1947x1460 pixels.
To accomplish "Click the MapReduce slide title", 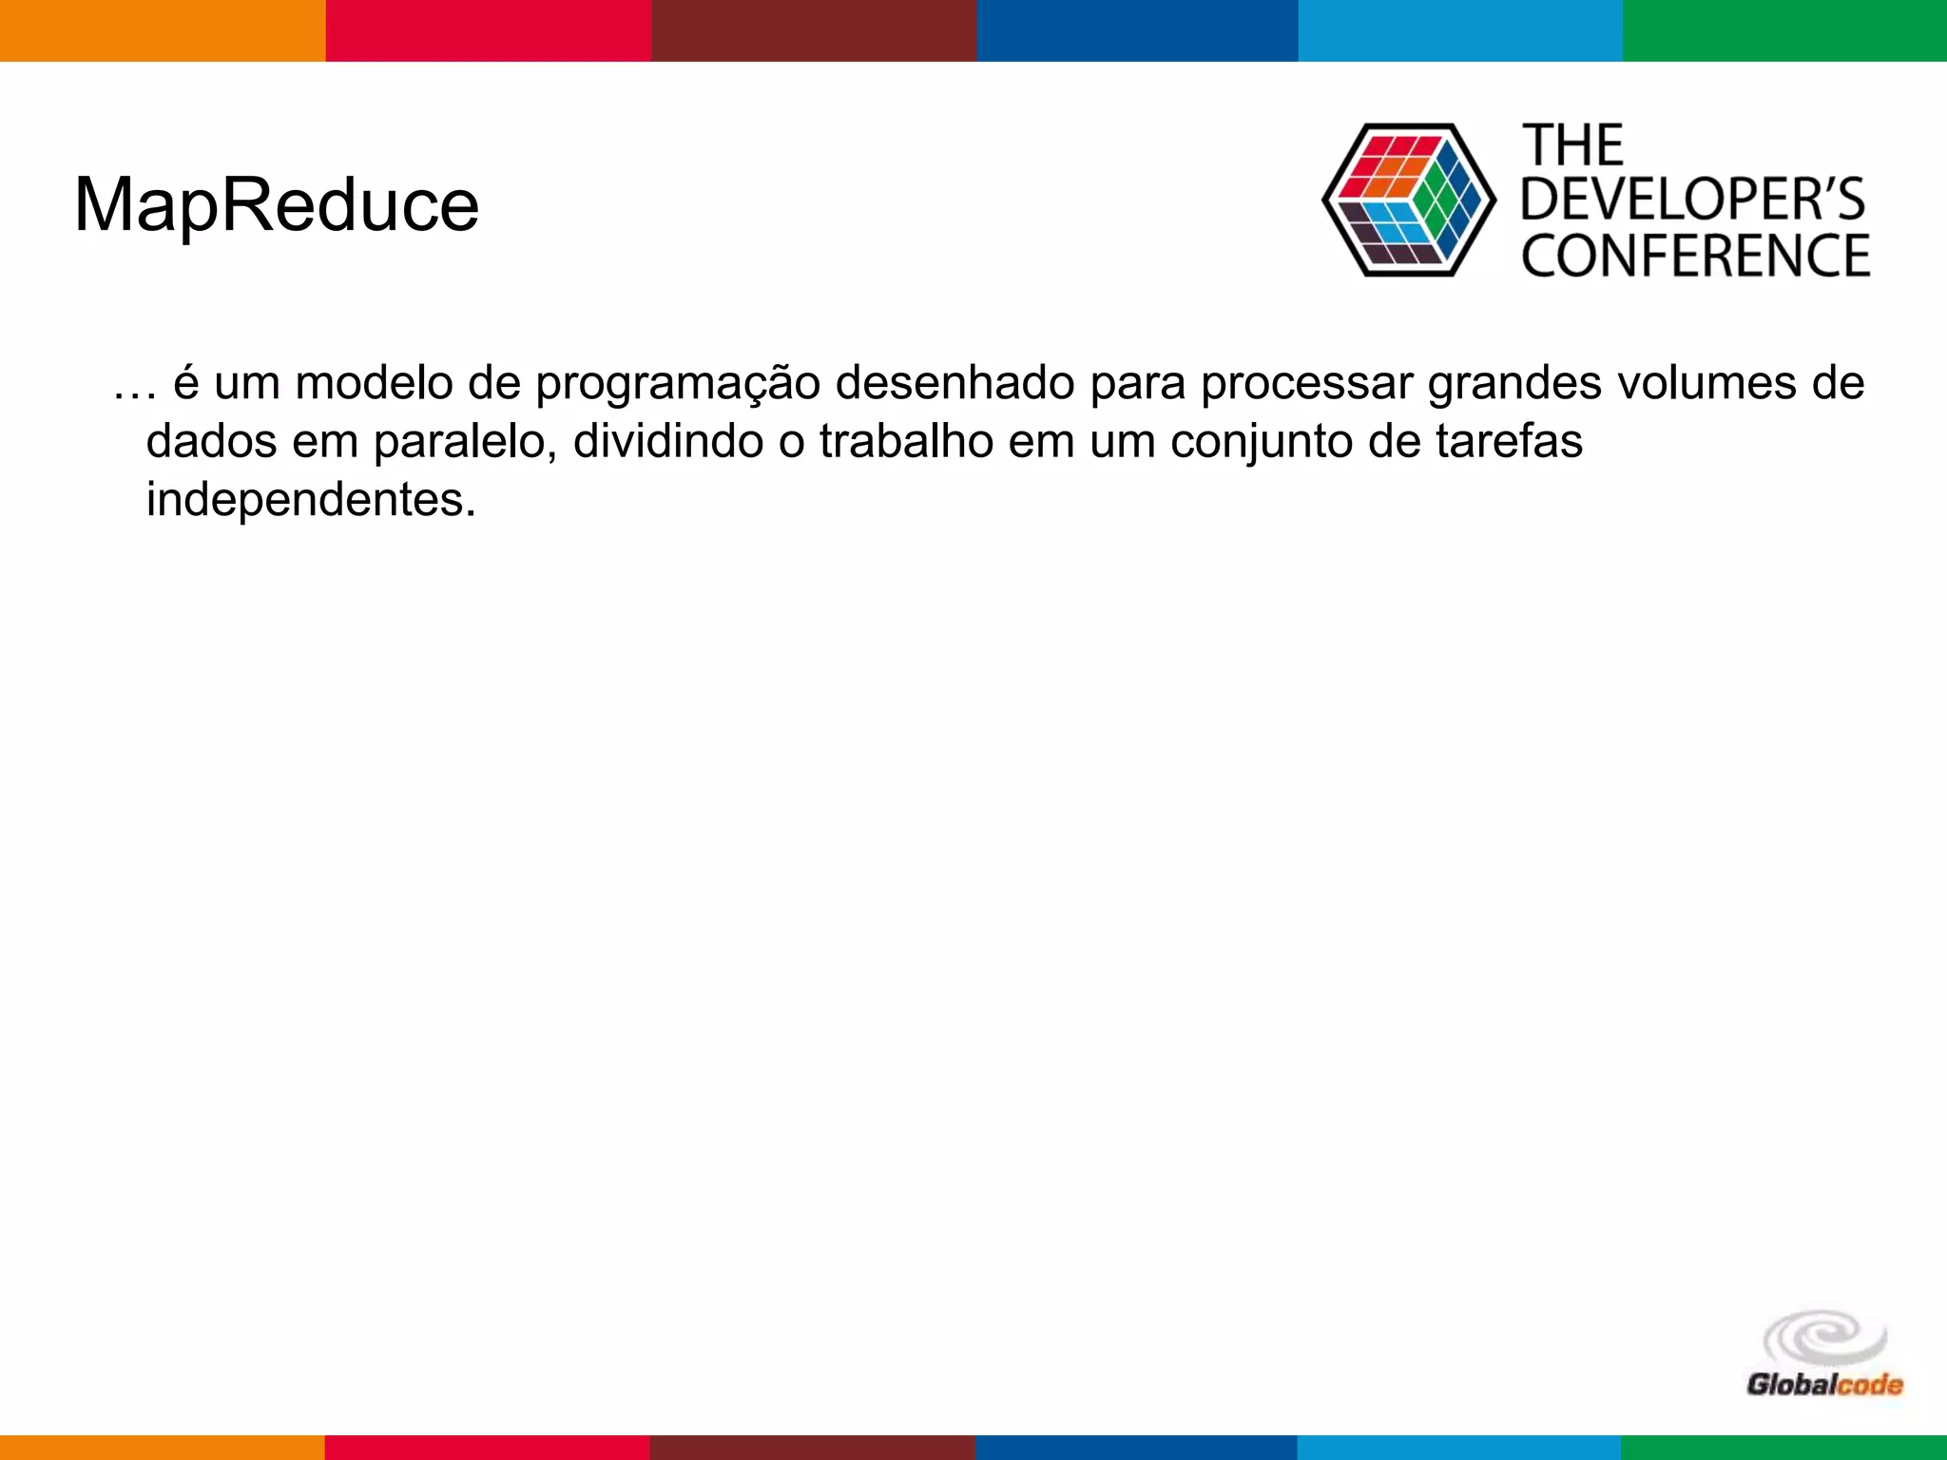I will point(277,206).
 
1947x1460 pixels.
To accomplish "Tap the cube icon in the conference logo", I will point(1408,201).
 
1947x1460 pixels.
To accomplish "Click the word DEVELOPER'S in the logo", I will point(1693,200).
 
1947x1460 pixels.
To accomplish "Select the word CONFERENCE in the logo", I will point(1695,256).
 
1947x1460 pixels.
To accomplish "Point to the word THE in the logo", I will point(1573,146).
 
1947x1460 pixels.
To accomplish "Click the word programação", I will point(678,385).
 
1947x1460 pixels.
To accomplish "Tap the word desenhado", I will point(954,383).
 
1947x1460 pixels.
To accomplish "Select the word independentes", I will point(311,500).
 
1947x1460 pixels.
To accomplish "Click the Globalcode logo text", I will point(1824,1384).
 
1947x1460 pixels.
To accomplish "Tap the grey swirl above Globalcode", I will point(1824,1338).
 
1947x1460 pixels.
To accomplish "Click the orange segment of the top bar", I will point(163,30).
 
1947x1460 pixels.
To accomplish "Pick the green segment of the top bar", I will point(1784,30).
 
